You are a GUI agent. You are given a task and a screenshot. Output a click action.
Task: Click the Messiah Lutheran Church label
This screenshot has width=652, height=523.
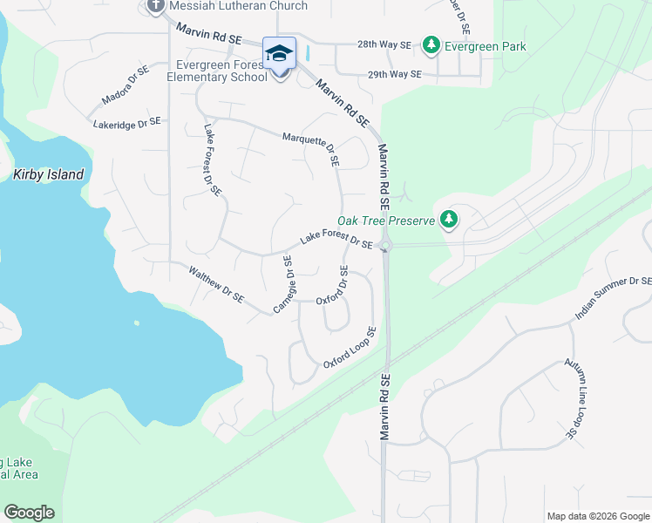coord(238,6)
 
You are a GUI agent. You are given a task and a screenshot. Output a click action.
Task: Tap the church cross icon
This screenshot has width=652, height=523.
coord(157,6)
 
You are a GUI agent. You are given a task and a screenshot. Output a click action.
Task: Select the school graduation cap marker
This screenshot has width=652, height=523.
coord(279,54)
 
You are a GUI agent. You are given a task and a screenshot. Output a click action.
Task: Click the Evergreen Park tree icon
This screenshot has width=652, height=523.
coord(430,45)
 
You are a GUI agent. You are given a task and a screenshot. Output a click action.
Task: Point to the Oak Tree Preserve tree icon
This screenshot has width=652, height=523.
coord(449,219)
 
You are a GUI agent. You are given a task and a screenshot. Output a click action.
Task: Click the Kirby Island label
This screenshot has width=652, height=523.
coord(49,174)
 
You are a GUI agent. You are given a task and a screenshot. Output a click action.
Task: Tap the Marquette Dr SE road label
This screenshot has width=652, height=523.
coord(311,149)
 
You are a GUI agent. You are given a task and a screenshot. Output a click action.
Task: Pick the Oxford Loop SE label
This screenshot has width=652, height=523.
coord(350,348)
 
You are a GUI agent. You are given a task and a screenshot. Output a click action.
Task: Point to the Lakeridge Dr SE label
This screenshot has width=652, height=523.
coord(127,124)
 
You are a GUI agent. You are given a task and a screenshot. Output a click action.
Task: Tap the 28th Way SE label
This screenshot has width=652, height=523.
coord(383,44)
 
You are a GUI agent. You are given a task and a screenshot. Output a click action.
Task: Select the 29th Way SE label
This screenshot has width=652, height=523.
coord(394,75)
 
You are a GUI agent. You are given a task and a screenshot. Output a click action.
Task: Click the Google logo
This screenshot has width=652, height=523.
coord(29,513)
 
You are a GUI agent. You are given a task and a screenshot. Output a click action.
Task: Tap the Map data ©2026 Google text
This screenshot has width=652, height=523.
coord(597,516)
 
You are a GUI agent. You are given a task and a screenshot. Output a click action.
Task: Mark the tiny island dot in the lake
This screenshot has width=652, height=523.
coord(137,323)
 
